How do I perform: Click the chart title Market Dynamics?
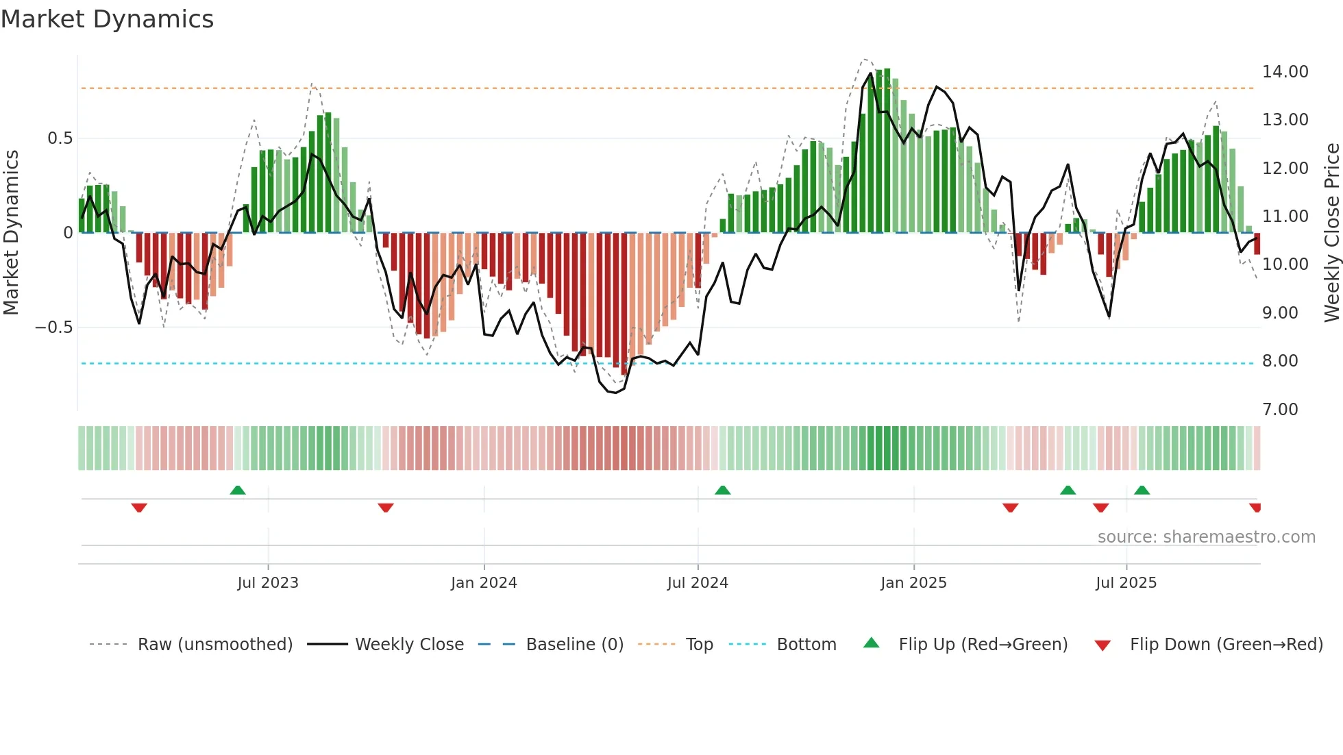[x=107, y=19]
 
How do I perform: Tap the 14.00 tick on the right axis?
[x=1285, y=72]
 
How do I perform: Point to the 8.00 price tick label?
[x=1280, y=361]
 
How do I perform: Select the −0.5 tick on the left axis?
[x=53, y=327]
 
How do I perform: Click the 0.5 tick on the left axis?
[x=60, y=138]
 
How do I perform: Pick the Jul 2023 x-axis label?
[x=268, y=583]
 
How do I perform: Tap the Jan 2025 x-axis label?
[x=913, y=583]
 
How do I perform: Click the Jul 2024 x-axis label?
[x=698, y=583]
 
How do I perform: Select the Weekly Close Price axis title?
[x=1331, y=233]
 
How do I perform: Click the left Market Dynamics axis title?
[x=11, y=233]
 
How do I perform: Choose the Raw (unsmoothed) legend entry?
[x=214, y=645]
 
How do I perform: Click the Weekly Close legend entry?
[x=409, y=645]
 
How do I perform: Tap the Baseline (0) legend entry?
[x=574, y=645]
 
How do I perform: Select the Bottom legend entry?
[x=806, y=645]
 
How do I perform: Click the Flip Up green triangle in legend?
[x=871, y=643]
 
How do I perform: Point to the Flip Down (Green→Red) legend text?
[x=1226, y=645]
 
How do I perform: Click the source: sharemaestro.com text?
[x=1206, y=537]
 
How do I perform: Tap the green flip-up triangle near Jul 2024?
[x=722, y=490]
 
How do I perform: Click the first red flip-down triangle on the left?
[x=139, y=508]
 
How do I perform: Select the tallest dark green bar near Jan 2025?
[x=887, y=151]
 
